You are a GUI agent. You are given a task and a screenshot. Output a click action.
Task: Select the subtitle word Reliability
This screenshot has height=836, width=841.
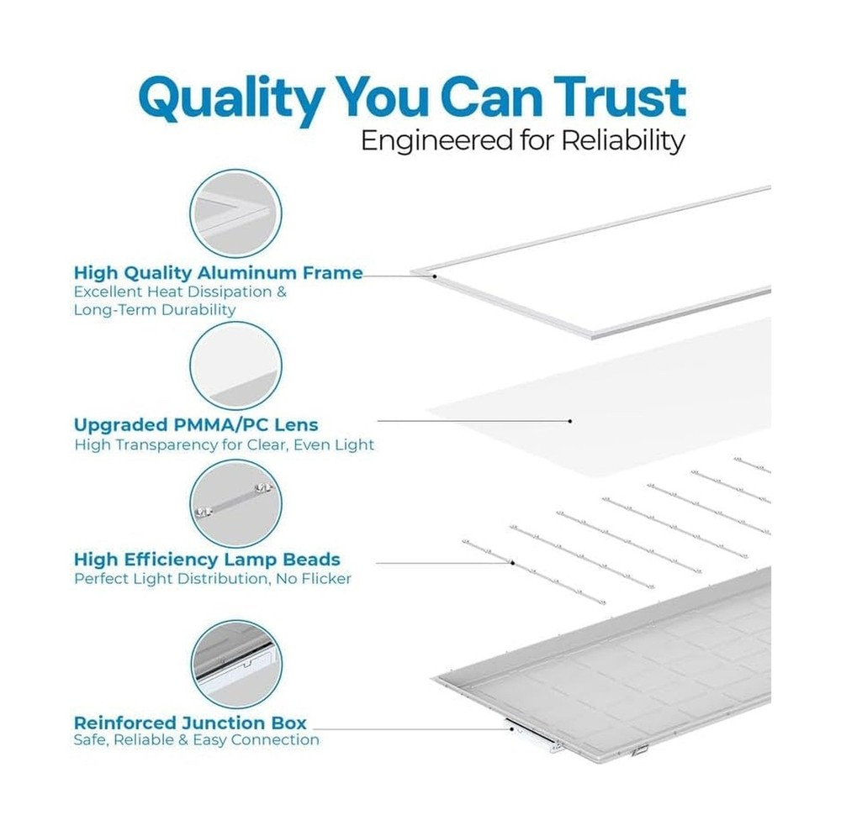tap(623, 141)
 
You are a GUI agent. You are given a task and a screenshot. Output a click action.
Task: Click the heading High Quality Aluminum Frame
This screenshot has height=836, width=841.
tap(219, 273)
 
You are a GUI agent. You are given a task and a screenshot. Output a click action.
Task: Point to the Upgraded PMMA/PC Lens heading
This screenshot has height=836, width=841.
tap(196, 425)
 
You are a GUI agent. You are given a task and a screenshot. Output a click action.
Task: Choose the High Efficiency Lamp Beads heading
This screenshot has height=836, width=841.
tap(207, 560)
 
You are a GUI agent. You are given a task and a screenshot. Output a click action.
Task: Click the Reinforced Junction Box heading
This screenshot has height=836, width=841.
tap(190, 723)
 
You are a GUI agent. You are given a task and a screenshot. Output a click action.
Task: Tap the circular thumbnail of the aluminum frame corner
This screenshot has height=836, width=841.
tap(235, 213)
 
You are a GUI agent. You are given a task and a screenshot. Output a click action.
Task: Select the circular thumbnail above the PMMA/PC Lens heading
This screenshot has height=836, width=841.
tap(235, 365)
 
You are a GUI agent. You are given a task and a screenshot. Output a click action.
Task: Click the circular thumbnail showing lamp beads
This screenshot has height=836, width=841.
tap(235, 504)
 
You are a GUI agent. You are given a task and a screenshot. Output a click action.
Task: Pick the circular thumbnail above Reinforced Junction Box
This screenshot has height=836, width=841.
tap(236, 664)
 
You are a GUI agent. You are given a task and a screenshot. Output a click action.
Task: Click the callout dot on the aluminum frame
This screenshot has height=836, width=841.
tap(435, 276)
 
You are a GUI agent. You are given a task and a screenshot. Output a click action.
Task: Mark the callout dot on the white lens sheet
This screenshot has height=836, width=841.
tap(569, 421)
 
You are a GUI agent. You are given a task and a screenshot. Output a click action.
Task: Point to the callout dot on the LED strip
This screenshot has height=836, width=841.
tap(513, 563)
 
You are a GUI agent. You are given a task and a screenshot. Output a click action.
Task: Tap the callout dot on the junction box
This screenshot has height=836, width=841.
tap(511, 728)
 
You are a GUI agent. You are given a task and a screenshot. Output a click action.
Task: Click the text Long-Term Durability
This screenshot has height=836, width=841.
tap(155, 310)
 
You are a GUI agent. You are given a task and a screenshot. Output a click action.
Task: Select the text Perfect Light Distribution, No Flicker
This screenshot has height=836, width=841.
tap(213, 579)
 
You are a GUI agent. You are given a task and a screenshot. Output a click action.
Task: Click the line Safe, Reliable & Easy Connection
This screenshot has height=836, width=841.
tap(196, 740)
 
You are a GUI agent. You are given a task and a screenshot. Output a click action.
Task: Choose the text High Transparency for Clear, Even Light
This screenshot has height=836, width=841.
tap(225, 444)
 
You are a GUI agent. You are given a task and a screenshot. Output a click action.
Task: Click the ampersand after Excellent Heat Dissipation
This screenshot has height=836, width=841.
tap(281, 292)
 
